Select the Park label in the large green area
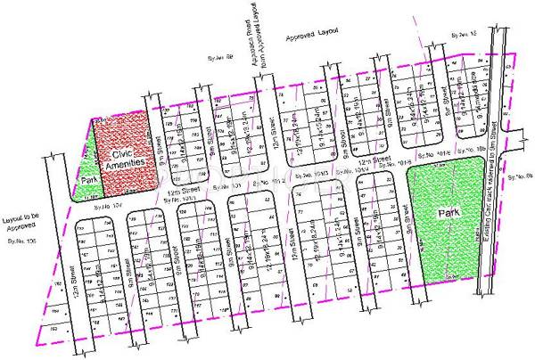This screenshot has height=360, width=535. pos(448,214)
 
